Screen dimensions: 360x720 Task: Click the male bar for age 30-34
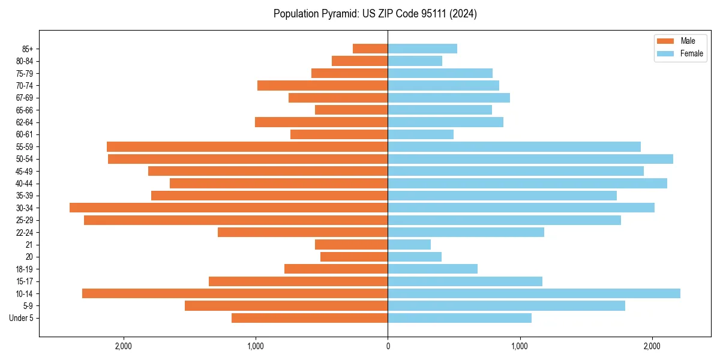click(229, 208)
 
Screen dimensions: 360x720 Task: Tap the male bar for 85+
click(370, 49)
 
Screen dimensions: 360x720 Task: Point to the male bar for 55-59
click(247, 146)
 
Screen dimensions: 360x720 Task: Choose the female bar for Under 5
click(460, 318)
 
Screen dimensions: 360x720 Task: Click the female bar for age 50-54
click(530, 159)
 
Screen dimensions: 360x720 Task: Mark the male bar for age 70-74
click(323, 85)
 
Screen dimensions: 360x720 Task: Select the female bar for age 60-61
click(421, 134)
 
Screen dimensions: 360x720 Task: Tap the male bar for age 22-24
click(303, 232)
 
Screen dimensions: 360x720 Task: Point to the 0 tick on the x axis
click(388, 346)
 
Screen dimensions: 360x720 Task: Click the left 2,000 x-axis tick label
click(124, 346)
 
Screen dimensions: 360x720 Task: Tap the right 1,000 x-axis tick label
click(520, 346)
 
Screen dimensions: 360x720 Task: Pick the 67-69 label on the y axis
click(25, 98)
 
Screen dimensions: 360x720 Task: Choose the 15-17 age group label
click(25, 281)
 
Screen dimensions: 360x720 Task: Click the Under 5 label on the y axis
click(21, 318)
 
